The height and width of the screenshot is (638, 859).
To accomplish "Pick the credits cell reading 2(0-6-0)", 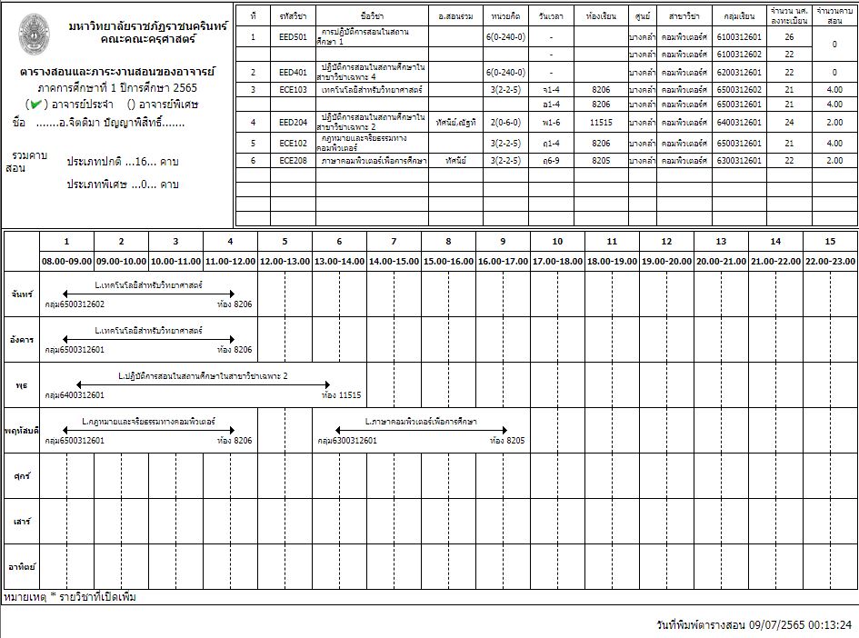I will pos(504,123).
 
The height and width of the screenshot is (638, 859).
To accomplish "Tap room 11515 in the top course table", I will pos(601,123).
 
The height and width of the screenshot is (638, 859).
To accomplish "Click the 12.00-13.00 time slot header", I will pos(285,261).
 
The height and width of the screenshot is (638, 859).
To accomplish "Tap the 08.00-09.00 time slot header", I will pos(66,261).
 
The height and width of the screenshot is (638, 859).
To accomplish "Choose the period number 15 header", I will pos(830,242).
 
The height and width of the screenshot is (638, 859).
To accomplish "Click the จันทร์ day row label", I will pos(22,295).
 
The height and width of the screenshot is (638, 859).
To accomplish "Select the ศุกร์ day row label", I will pos(22,475).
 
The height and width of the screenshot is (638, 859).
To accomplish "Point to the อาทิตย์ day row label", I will pos(22,566).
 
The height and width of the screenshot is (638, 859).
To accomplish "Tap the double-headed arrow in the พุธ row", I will pos(196,384).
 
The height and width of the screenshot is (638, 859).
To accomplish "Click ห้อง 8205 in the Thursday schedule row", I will pos(507,440).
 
